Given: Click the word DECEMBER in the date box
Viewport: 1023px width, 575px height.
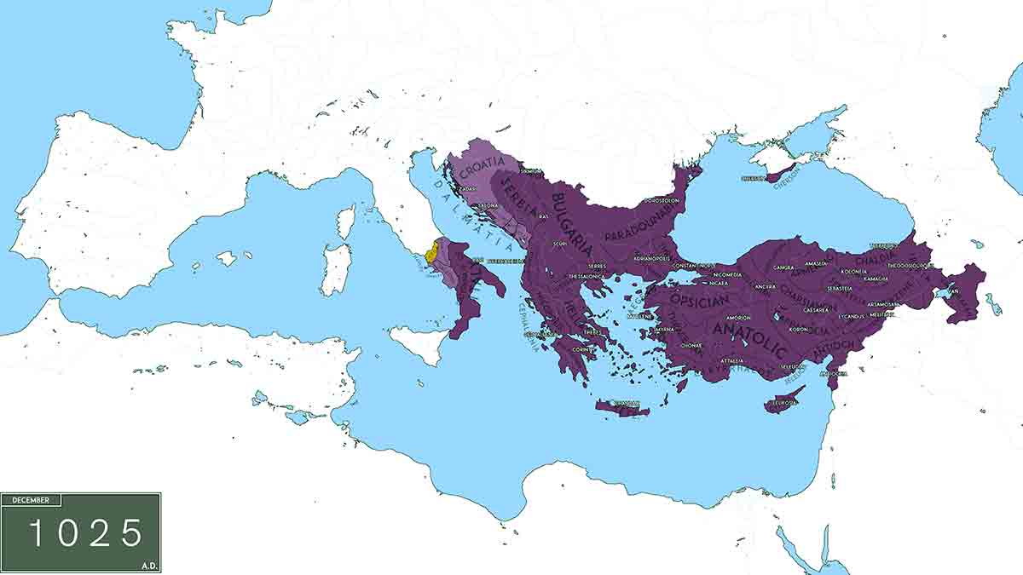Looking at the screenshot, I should point(32,501).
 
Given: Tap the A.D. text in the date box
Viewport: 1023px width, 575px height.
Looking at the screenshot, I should point(150,564).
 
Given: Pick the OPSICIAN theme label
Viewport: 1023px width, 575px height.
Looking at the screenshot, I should point(699,301).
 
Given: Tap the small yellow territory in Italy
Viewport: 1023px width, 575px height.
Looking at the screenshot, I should point(432,253).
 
